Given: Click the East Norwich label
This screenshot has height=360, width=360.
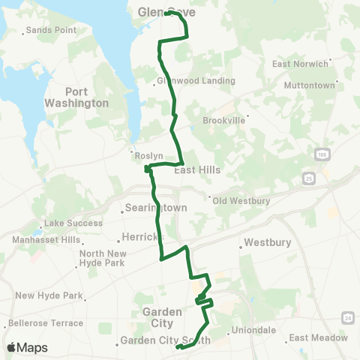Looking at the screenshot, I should (300, 64).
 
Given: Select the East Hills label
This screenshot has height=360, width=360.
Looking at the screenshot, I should (197, 170).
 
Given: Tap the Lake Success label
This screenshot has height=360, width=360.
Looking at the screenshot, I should (73, 223).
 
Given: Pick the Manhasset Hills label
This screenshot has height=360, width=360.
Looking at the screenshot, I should (46, 240).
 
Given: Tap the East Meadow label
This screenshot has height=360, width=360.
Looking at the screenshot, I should (319, 338).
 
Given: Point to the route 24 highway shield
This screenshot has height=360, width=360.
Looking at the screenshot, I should (349, 318).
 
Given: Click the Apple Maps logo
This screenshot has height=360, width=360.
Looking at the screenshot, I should (27, 347).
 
